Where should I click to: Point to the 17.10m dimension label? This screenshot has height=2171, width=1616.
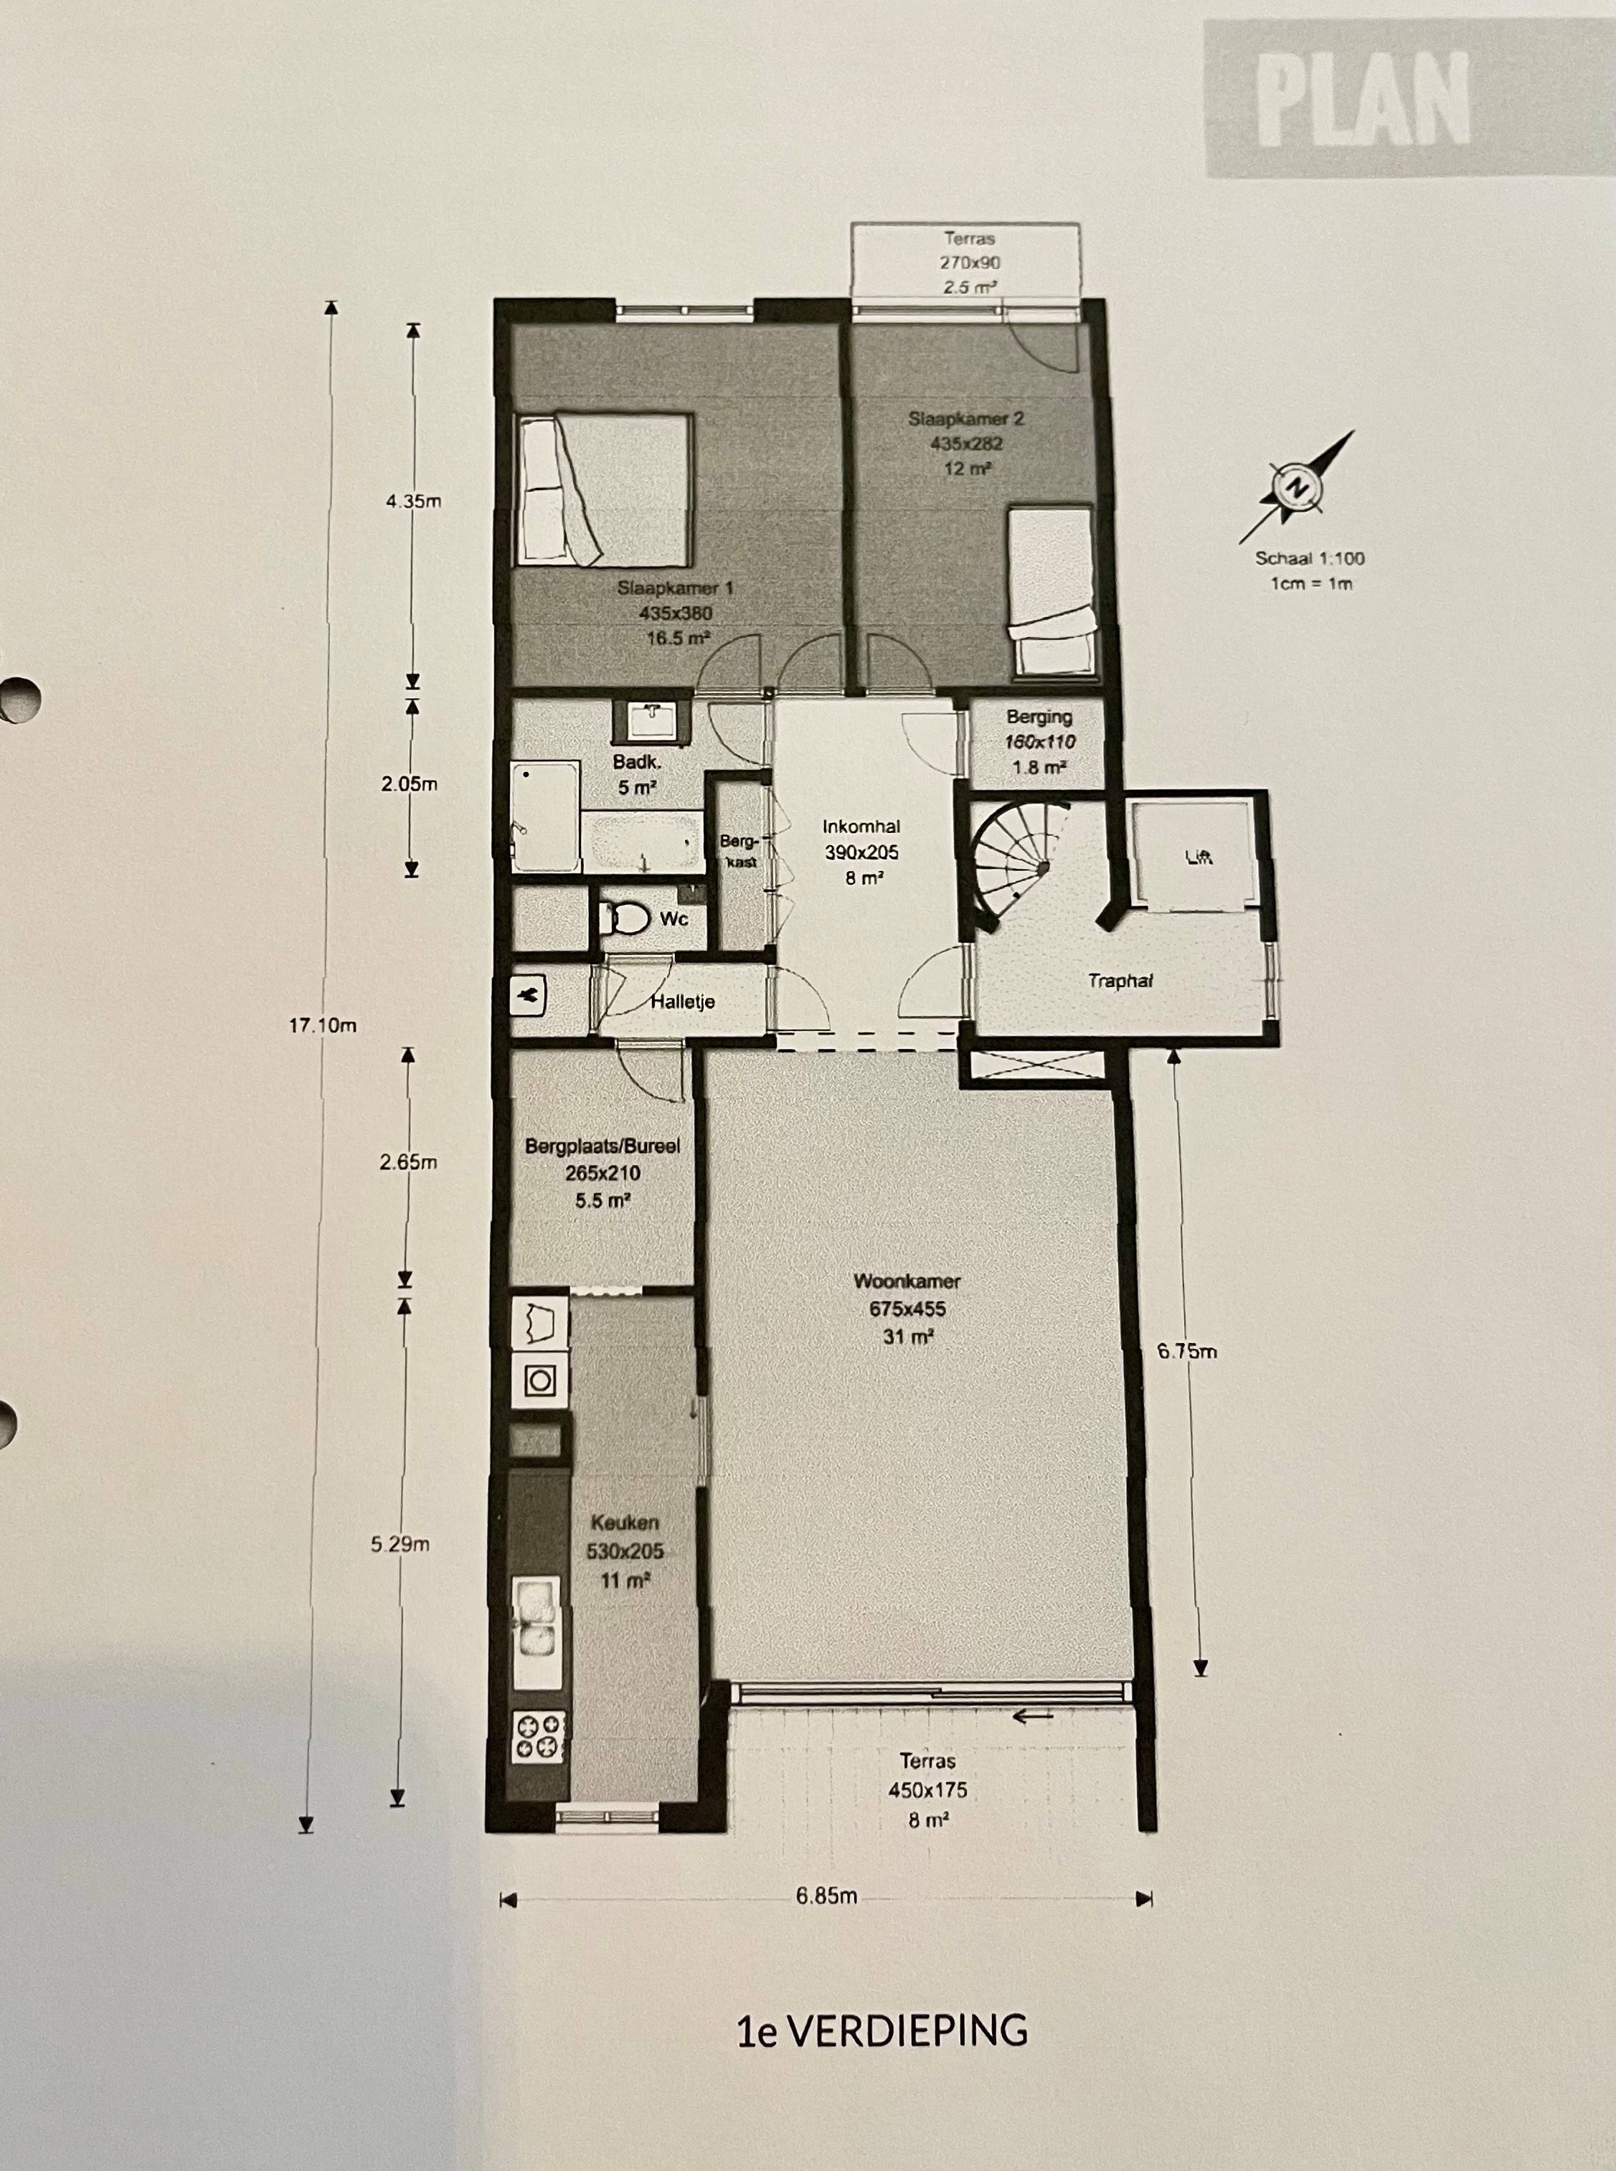click(x=322, y=1025)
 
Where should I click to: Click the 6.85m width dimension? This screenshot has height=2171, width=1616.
click(x=826, y=1895)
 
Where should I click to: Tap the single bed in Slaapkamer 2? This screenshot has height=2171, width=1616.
click(x=1051, y=591)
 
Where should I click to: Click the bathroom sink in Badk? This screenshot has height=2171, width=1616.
click(x=651, y=721)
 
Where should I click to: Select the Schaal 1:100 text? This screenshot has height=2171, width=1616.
click(x=1310, y=559)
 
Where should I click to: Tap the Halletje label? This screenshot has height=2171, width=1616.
click(x=683, y=1001)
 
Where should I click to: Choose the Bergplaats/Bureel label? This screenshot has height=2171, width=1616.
click(x=603, y=1146)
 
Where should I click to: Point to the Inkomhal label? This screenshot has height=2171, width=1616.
click(x=861, y=827)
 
